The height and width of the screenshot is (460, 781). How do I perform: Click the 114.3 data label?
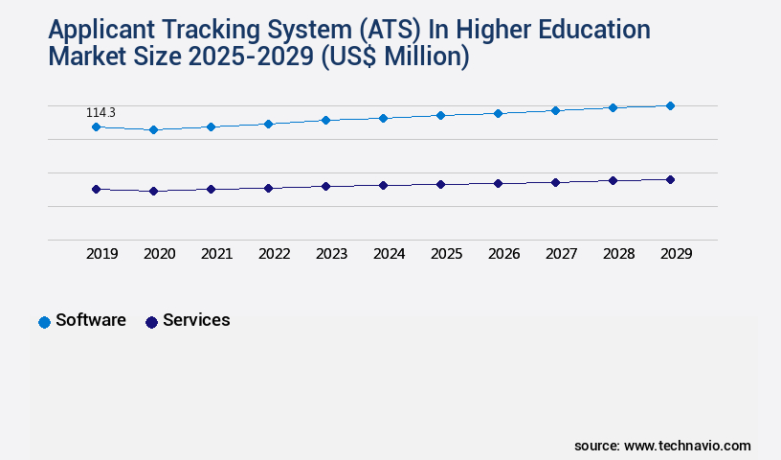pos(100,112)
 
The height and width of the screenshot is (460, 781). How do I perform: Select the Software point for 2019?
pos(96,126)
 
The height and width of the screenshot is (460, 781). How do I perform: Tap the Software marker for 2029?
pos(670,105)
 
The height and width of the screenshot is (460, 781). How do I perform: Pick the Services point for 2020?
pos(153,191)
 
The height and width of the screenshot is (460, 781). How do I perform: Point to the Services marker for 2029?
pos(670,179)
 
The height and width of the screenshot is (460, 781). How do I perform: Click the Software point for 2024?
pos(383,118)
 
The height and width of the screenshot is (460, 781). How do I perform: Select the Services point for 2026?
pos(498,183)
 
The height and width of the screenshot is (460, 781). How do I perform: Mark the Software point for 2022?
pos(268,124)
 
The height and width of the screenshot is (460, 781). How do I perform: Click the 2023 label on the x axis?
pos(331,254)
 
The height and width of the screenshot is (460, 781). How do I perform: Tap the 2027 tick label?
pos(561,254)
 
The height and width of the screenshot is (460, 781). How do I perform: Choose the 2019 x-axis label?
pos(101,254)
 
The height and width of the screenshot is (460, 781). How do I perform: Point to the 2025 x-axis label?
pos(446,254)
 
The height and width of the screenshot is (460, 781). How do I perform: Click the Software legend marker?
pos(44,322)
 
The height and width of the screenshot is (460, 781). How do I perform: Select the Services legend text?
pos(196,320)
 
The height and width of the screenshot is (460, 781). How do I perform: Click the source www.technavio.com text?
pos(662,446)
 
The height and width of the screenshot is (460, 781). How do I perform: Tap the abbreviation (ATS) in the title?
pos(392,30)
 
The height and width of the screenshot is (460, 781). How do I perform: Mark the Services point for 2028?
pos(613,180)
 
